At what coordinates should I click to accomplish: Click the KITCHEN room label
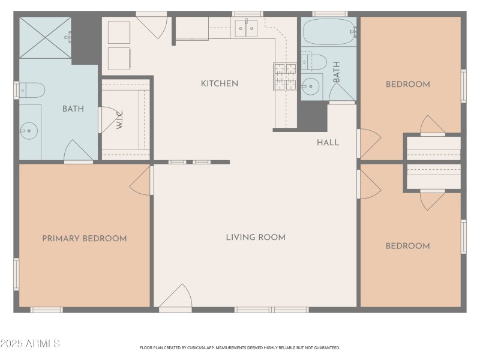click(x=220, y=83)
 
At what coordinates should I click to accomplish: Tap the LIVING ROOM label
click(x=256, y=237)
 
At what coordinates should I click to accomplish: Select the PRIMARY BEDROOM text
click(x=85, y=238)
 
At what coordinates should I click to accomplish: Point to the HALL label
click(x=328, y=142)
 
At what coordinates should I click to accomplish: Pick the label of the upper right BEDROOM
click(x=407, y=84)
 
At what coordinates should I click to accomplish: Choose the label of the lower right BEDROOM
click(x=407, y=245)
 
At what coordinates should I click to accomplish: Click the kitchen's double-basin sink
click(x=246, y=28)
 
